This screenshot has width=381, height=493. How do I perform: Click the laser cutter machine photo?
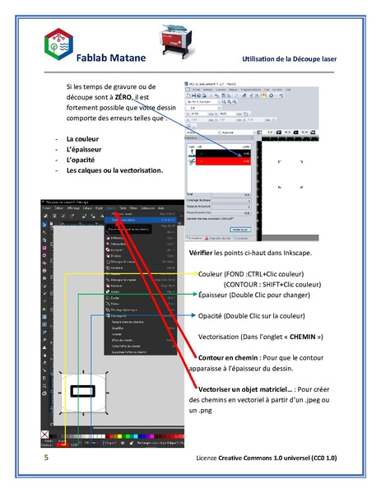[x=179, y=40]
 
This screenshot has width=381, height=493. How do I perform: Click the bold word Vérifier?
[x=202, y=253]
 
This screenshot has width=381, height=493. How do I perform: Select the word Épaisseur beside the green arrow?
[x=216, y=293]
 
